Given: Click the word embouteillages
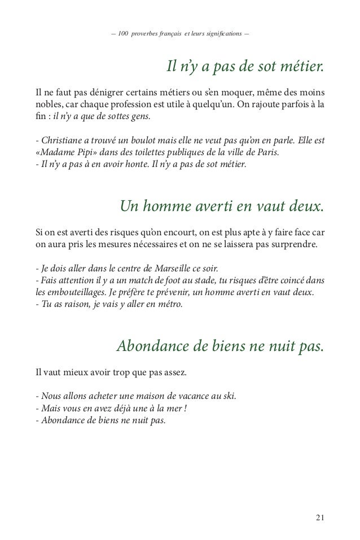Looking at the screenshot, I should pos(78,292).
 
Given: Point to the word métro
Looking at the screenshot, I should pos(169,305).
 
